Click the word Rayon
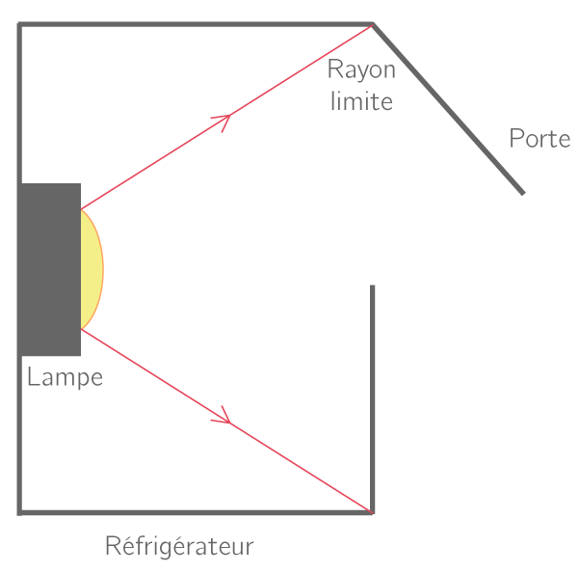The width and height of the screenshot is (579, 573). [x=361, y=70]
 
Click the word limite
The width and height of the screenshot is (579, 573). [x=361, y=100]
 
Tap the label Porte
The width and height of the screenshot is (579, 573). [x=540, y=138]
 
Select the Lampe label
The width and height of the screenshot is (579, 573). [x=65, y=377]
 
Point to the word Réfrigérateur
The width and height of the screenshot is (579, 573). [x=179, y=546]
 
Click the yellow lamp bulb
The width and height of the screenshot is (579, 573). [x=92, y=269]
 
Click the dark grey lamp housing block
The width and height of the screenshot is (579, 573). [x=51, y=269]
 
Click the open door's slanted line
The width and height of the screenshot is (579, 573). [x=448, y=109]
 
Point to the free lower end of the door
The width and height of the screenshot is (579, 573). [x=523, y=193]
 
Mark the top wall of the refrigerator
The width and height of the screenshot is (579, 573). [x=196, y=24]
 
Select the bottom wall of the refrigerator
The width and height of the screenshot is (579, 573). [x=196, y=513]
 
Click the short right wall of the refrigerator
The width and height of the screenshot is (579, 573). [x=372, y=399]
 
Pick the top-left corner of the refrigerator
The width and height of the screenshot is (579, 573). [x=19, y=24]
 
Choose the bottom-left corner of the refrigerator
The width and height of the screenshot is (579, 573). [x=19, y=513]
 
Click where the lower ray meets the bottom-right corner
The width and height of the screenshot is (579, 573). [x=372, y=512]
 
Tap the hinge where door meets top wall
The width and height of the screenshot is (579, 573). [x=373, y=24]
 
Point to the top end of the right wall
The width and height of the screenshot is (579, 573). [x=372, y=285]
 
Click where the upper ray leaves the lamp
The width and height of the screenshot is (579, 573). [x=81, y=209]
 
